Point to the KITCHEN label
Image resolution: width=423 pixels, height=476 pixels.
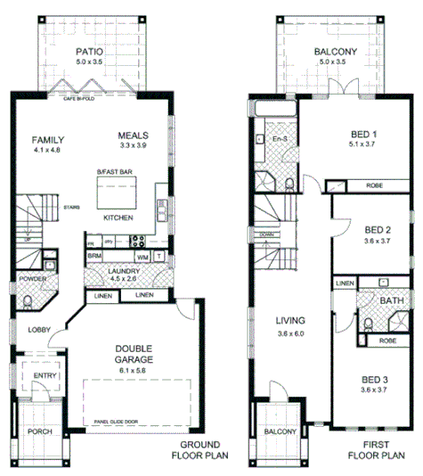click(x=118, y=217)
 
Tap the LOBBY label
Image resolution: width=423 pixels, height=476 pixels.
click(x=38, y=329)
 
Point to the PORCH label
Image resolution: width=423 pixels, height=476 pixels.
click(x=39, y=431)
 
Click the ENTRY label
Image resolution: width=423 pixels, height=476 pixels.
click(x=45, y=376)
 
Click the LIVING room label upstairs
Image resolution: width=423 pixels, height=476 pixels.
click(x=290, y=320)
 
